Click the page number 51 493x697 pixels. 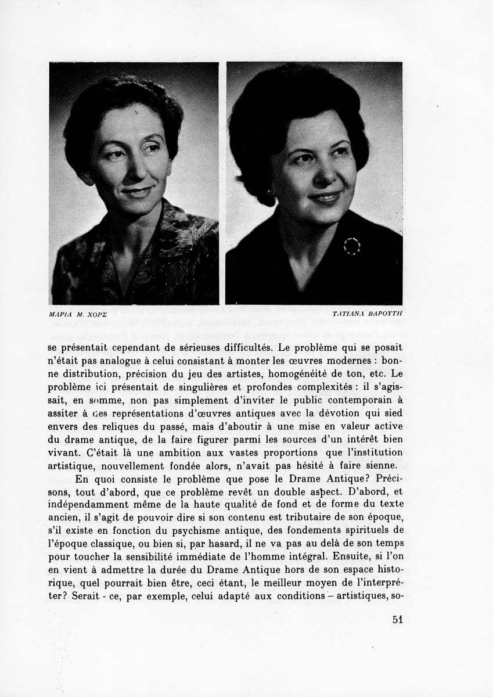coord(398,619)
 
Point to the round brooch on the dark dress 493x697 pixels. coord(351,246)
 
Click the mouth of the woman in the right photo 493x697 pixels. coord(326,199)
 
